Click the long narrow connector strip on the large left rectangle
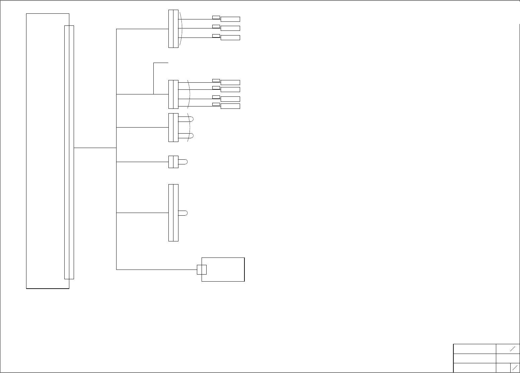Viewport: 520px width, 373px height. pos(69,152)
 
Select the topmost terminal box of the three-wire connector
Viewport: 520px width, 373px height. pos(230,19)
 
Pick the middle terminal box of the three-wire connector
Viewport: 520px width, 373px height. pos(230,28)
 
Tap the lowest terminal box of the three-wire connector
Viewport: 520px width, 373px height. pos(230,38)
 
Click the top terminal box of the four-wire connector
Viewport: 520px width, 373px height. pos(230,82)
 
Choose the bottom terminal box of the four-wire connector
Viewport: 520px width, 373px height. pos(230,106)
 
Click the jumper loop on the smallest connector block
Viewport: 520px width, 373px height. pos(183,162)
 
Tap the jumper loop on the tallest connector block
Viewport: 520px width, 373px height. pos(183,213)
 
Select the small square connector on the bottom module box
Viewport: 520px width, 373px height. pos(202,270)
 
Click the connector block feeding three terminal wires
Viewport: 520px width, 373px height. pos(173,29)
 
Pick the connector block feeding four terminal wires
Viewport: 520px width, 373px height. pos(173,94)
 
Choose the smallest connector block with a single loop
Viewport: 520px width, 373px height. pos(173,162)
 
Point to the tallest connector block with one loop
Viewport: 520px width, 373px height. pos(173,213)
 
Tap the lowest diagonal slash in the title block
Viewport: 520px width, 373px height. pos(515,368)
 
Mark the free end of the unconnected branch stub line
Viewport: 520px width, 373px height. pos(168,63)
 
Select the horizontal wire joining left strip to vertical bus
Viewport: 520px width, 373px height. pos(95,147)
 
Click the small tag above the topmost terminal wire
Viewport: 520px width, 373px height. pos(216,17)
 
